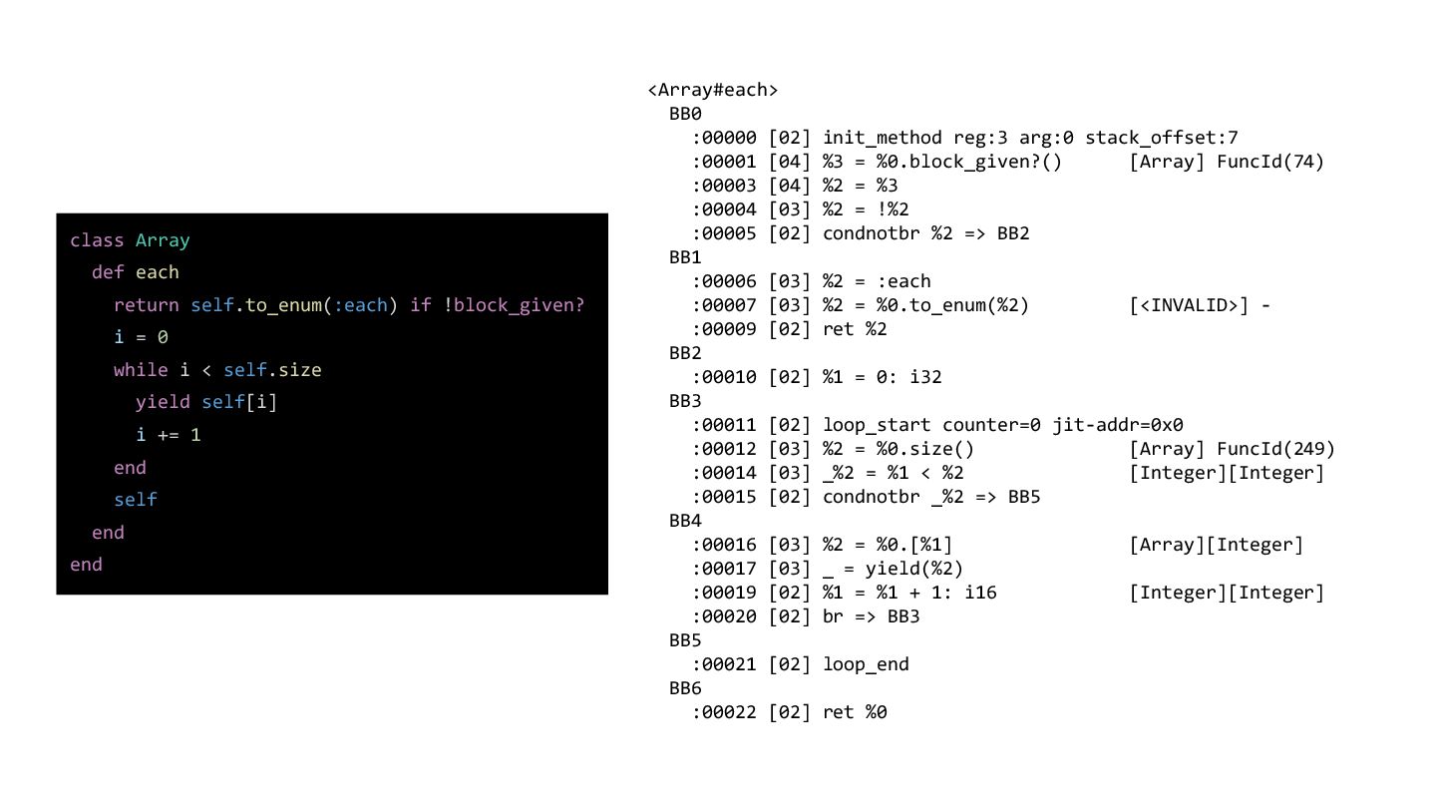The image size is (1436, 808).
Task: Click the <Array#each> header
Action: click(712, 90)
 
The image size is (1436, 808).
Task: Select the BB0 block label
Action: click(685, 114)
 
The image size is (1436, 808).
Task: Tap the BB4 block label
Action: click(685, 521)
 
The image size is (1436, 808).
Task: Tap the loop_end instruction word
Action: click(866, 664)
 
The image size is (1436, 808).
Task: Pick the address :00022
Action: click(725, 712)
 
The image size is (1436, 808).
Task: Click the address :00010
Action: click(725, 377)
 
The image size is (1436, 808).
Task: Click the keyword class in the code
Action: click(97, 240)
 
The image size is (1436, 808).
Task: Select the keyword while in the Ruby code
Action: click(141, 370)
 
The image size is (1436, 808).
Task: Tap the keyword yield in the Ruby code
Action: click(163, 402)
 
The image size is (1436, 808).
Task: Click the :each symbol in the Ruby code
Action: click(360, 305)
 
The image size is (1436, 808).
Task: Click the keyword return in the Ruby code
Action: click(147, 305)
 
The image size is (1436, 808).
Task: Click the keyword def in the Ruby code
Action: click(108, 272)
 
